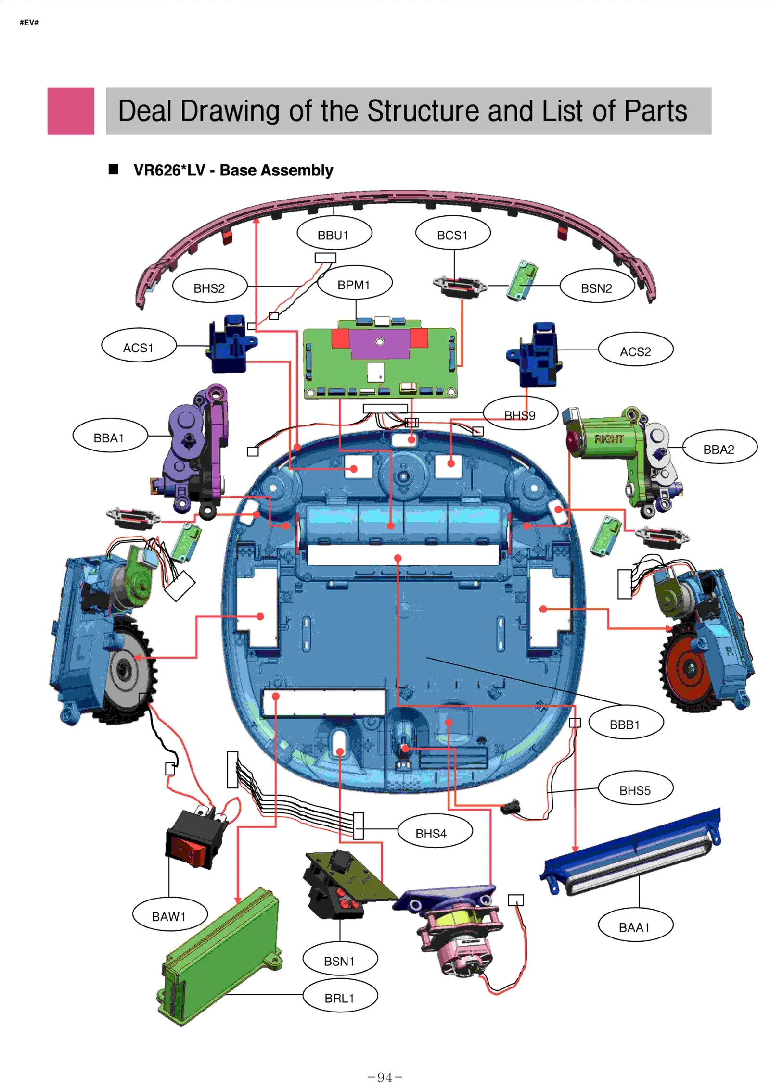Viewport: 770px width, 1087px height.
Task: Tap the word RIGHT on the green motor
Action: point(608,438)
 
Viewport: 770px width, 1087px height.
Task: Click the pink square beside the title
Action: point(71,111)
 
